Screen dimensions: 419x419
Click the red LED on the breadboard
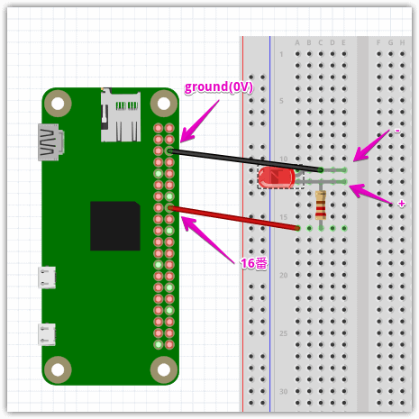pyautogui.click(x=277, y=178)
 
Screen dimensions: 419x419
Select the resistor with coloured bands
pyautogui.click(x=321, y=205)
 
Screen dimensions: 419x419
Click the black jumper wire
pyautogui.click(x=245, y=160)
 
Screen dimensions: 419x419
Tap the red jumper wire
pyautogui.click(x=234, y=218)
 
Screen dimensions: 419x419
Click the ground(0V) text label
pyautogui.click(x=219, y=87)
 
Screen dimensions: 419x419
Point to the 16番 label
pyautogui.click(x=254, y=263)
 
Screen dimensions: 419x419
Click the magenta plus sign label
pyautogui.click(x=401, y=204)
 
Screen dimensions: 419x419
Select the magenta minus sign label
pyautogui.click(x=397, y=131)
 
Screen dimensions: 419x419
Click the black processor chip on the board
pyautogui.click(x=115, y=226)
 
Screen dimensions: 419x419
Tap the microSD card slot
pyautogui.click(x=121, y=115)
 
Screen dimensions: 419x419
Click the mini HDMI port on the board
pyautogui.click(x=50, y=141)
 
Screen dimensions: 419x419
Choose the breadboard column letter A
pyautogui.click(x=297, y=42)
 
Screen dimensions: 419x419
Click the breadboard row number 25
pyautogui.click(x=283, y=333)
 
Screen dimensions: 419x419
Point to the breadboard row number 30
pyautogui.click(x=283, y=391)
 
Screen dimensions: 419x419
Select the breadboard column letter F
pyautogui.click(x=378, y=42)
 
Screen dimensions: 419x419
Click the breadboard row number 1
pyautogui.click(x=281, y=54)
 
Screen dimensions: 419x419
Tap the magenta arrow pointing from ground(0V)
pyautogui.click(x=199, y=121)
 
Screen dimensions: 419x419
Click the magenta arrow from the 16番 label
pyautogui.click(x=208, y=240)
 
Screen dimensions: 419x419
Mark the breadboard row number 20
pyautogui.click(x=283, y=275)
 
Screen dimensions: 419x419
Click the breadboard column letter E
pyautogui.click(x=344, y=42)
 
